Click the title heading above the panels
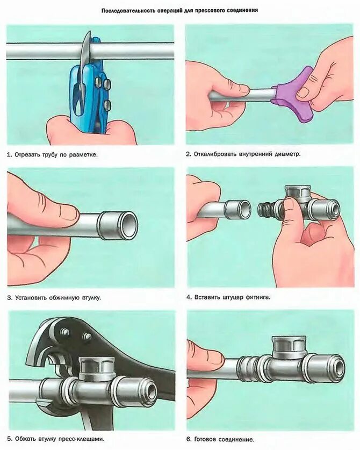click(x=180, y=10)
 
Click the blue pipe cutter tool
click(x=88, y=95)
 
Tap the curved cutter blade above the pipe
click(x=85, y=49)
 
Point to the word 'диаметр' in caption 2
click(x=287, y=154)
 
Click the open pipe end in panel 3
click(x=129, y=223)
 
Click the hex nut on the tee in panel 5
click(x=95, y=367)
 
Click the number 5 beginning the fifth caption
click(x=9, y=439)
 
